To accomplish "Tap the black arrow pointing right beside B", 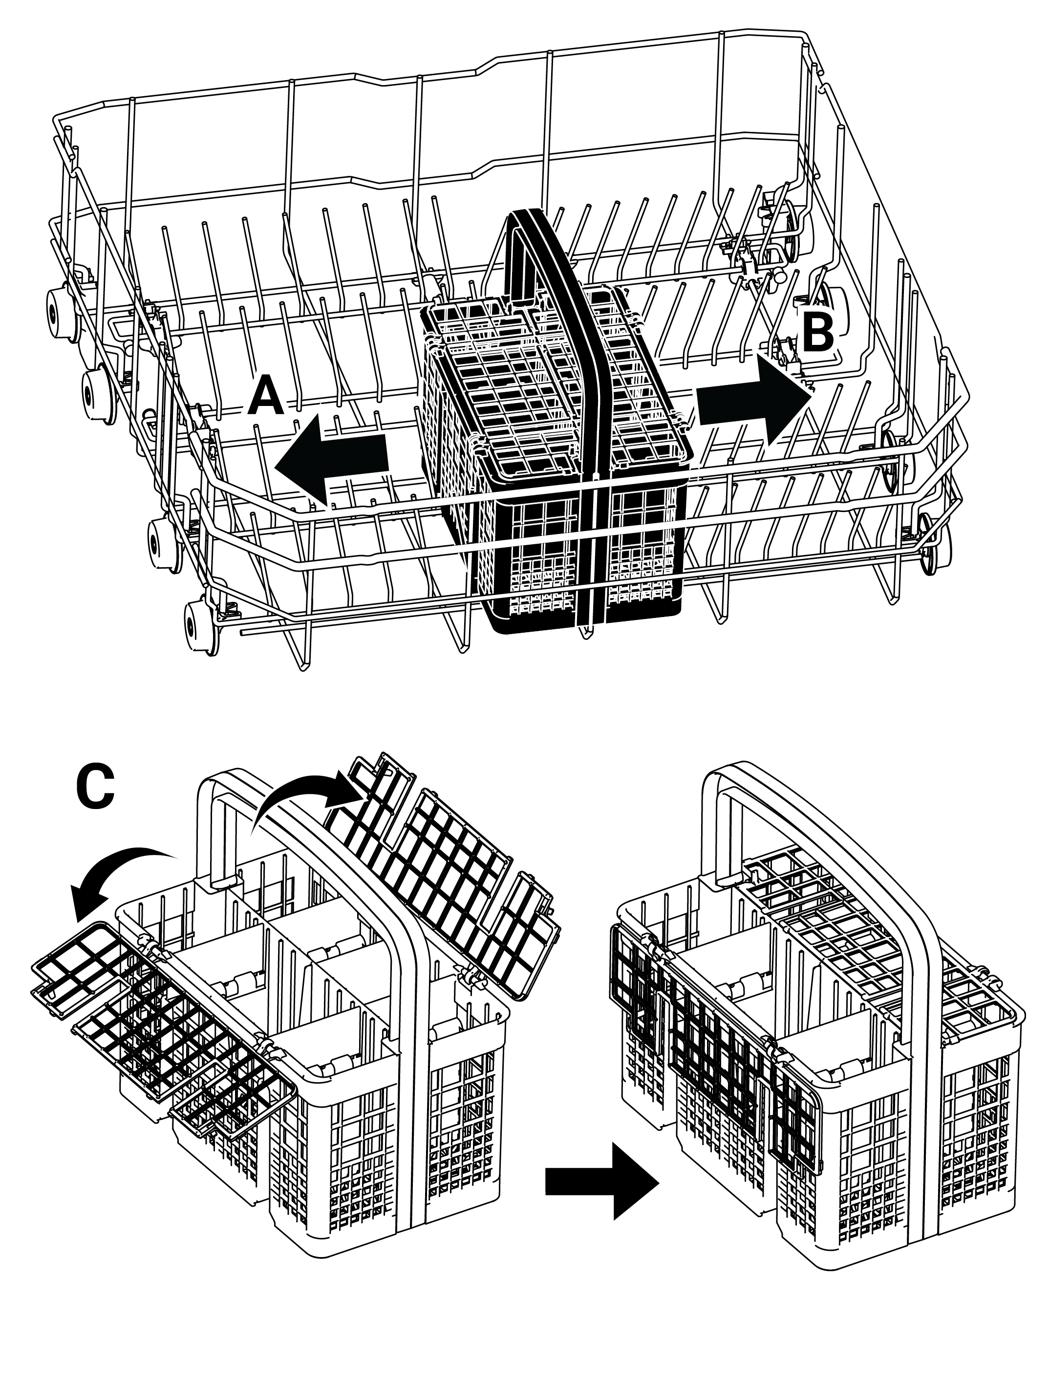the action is [x=755, y=399].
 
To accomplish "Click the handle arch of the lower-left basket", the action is [x=313, y=939].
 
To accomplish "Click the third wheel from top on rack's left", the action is [x=159, y=536].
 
